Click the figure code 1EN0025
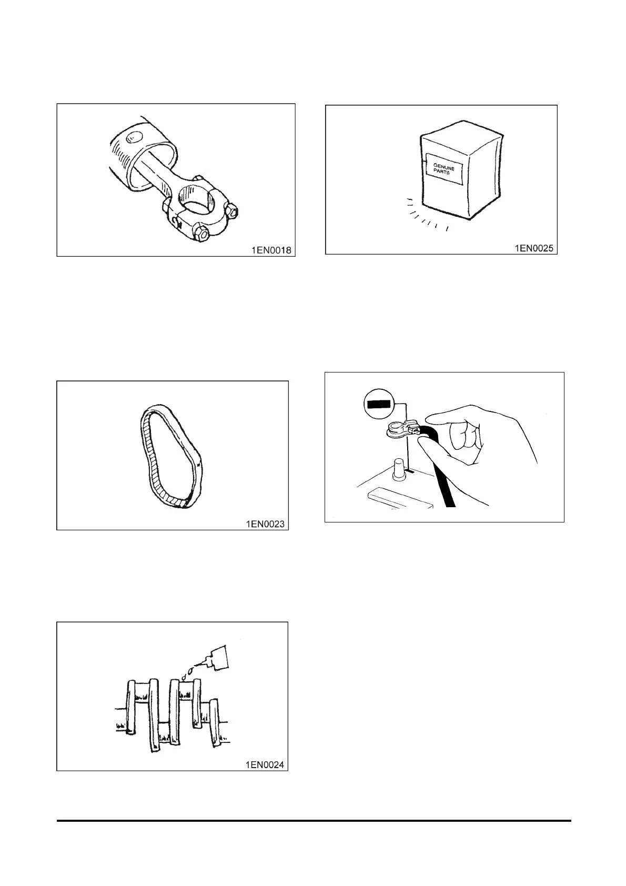(x=533, y=248)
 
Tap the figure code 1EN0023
(x=265, y=523)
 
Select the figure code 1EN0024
(x=265, y=765)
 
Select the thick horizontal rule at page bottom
(x=314, y=820)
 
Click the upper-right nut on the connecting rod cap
(x=230, y=210)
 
